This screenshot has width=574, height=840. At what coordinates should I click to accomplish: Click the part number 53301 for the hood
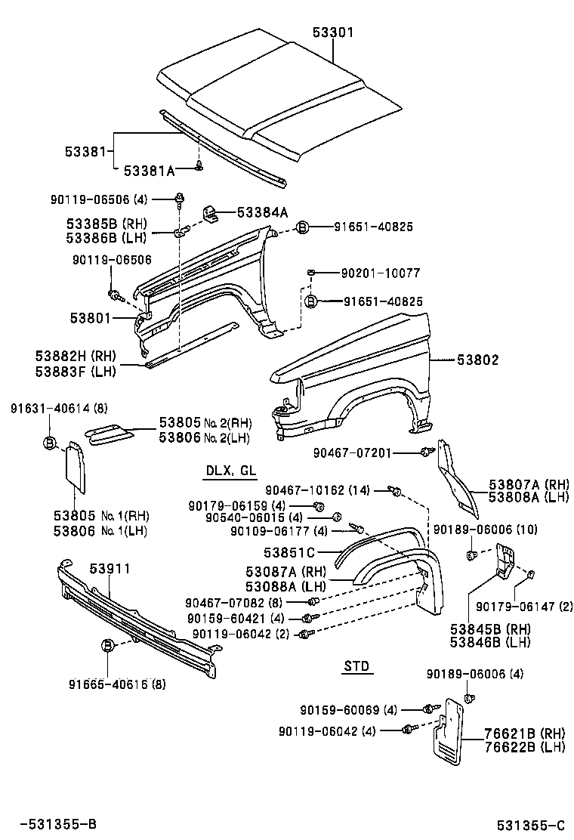point(333,32)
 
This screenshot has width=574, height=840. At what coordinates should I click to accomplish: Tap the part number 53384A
point(262,213)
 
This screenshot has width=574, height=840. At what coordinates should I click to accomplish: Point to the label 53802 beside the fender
point(477,361)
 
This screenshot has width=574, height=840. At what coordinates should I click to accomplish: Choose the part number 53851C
point(290,552)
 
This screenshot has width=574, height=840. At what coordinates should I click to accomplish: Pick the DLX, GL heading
point(231,471)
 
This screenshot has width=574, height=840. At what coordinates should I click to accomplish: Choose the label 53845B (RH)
point(489,628)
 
